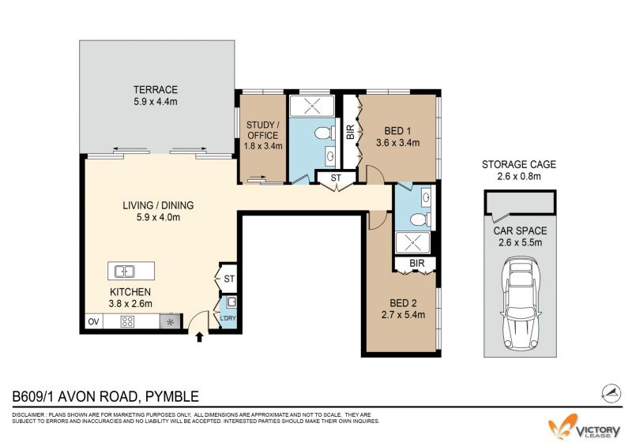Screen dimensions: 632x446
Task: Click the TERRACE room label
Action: (156, 89)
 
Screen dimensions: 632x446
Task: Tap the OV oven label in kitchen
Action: (93, 321)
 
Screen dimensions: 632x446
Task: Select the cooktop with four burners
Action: (127, 321)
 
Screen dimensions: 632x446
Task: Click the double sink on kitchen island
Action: (125, 272)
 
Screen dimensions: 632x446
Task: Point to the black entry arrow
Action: (199, 337)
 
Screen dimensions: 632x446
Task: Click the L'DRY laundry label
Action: (228, 318)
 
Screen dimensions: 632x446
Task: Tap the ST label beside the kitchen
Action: (229, 279)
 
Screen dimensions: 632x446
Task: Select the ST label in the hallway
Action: (336, 178)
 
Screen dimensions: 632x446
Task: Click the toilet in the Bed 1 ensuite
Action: (325, 133)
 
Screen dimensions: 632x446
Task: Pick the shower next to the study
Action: (312, 106)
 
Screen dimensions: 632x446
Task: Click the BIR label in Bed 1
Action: (350, 132)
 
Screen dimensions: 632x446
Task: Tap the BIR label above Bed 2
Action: (417, 263)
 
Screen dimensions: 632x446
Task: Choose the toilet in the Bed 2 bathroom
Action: (420, 220)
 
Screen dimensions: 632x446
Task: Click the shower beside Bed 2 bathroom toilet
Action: (412, 243)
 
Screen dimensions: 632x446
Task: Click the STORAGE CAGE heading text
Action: (519, 164)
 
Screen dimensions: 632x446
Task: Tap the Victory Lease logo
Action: (585, 428)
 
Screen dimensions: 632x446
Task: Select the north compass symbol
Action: (611, 393)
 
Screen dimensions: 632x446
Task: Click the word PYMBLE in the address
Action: (172, 396)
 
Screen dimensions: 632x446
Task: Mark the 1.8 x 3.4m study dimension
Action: (263, 146)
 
